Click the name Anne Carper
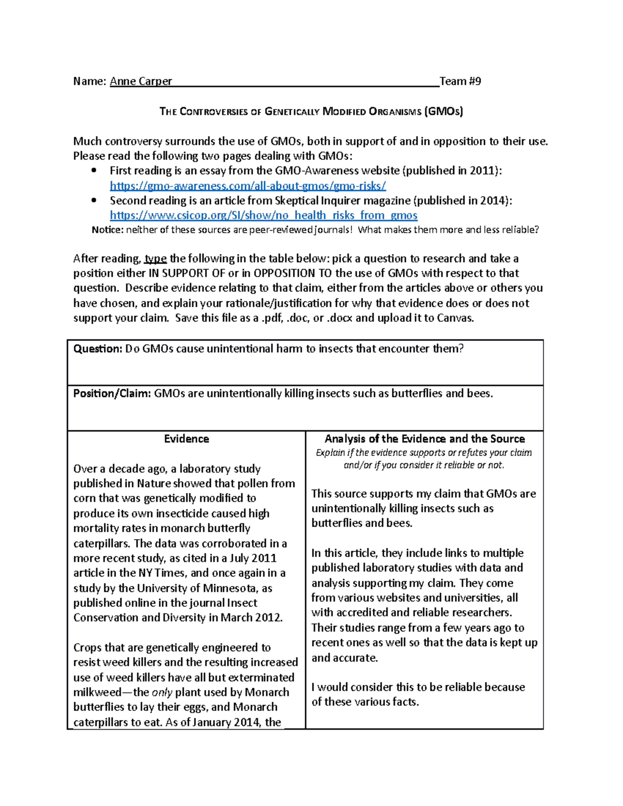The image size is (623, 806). coord(141,81)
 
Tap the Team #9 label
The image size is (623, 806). coord(460,81)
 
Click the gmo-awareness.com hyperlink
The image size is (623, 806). coord(248,186)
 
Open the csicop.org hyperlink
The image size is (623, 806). coord(263,215)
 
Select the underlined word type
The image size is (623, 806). coord(156,258)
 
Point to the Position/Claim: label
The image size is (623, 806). coord(112,393)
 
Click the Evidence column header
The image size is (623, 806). coord(186,439)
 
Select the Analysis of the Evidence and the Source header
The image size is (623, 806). coord(424,439)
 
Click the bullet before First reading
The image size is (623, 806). coord(93,171)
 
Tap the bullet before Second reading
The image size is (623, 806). coord(93,200)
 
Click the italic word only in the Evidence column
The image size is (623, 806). coord(161,692)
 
